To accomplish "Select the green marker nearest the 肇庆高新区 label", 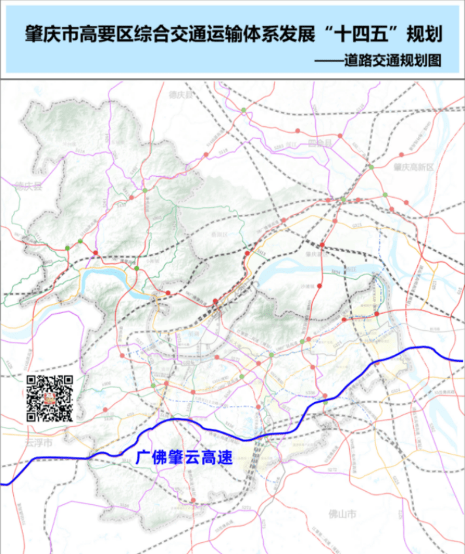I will click(371, 168).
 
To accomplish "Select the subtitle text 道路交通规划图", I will click(400, 60).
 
